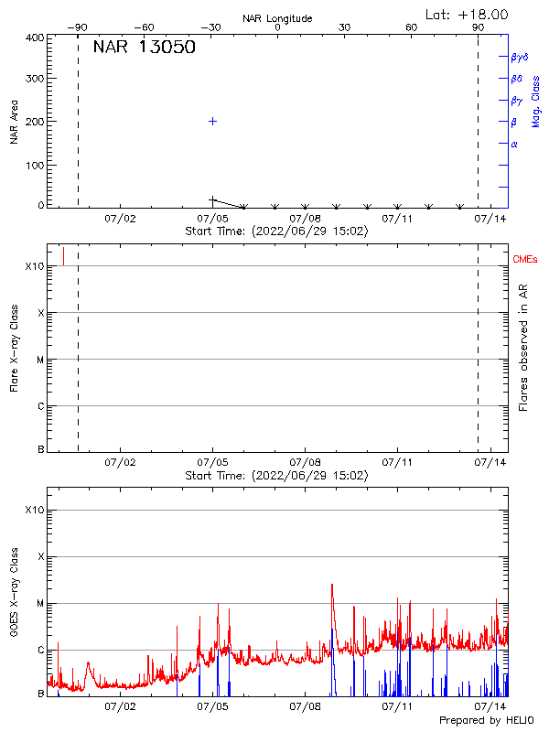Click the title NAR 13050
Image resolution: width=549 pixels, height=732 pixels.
click(144, 48)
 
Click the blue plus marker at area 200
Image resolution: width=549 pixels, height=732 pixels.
click(213, 121)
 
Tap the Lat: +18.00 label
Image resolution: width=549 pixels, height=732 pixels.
click(467, 15)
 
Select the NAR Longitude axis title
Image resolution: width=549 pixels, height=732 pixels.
click(277, 18)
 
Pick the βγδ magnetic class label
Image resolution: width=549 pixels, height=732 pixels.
click(519, 57)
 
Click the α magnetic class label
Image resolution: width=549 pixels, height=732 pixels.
click(514, 144)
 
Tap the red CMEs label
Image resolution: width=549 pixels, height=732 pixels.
click(526, 261)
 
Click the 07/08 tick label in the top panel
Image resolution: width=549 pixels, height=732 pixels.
click(306, 219)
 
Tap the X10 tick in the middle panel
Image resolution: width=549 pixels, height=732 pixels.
click(35, 266)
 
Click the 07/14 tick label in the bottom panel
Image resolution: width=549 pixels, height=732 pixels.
click(490, 706)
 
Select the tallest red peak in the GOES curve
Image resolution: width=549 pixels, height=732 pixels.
click(331, 585)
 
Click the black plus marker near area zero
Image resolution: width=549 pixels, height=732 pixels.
click(213, 199)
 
